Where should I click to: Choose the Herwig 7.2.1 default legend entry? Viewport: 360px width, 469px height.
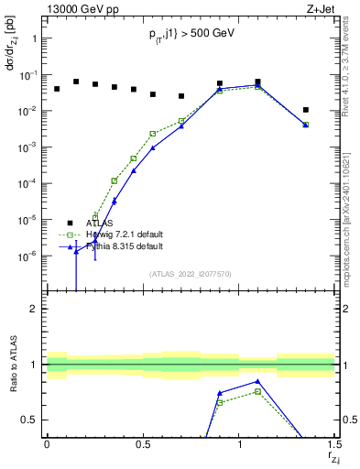[x=127, y=234]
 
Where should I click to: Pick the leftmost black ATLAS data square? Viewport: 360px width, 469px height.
[x=57, y=89]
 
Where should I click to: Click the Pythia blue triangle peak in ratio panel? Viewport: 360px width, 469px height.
[x=258, y=381]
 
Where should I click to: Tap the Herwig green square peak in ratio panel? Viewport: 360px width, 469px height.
[x=258, y=391]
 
